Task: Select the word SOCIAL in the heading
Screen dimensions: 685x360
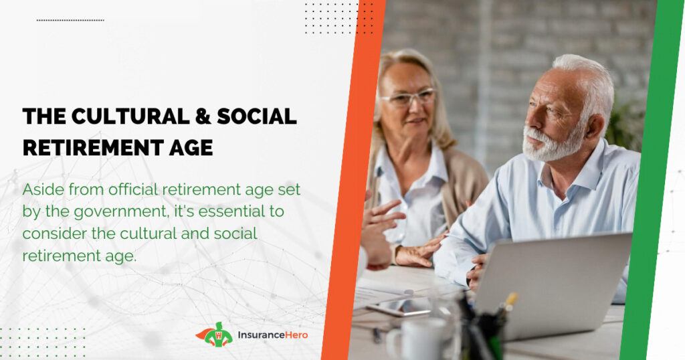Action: coord(257,116)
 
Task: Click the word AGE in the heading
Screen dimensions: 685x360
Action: coord(189,148)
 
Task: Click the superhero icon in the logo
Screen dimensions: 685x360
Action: coord(214,335)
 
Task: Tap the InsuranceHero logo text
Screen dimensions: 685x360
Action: coord(273,335)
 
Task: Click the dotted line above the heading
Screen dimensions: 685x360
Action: coord(70,20)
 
